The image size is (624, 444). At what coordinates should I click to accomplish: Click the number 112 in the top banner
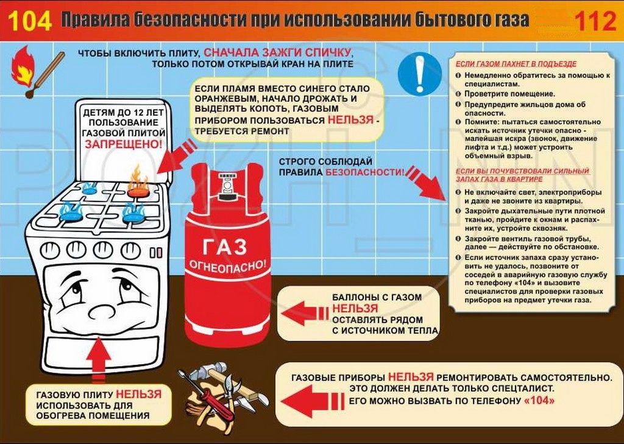595,21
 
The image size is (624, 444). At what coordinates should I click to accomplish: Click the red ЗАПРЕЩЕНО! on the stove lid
124,144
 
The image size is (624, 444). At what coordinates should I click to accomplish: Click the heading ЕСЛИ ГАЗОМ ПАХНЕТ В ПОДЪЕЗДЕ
516,63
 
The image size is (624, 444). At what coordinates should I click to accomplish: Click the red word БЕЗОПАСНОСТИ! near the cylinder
365,172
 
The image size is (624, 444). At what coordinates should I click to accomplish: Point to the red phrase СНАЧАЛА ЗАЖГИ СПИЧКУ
277,52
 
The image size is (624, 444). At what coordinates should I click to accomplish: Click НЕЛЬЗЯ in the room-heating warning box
138,394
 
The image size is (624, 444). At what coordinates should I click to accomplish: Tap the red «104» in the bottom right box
539,401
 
